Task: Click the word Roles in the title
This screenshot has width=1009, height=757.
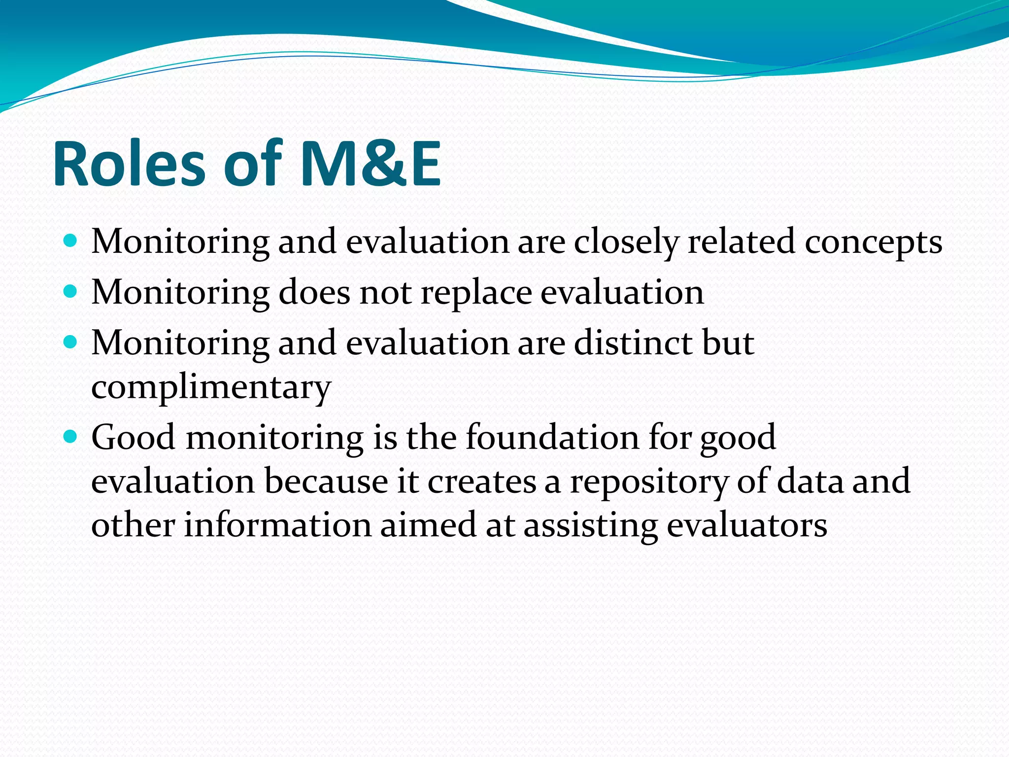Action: pyautogui.click(x=129, y=165)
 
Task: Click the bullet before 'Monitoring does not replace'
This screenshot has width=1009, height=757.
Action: pyautogui.click(x=71, y=292)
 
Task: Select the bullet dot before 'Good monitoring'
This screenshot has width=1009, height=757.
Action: pyautogui.click(x=71, y=436)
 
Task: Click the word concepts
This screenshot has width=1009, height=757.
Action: pyautogui.click(x=873, y=242)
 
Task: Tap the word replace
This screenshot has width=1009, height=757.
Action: pyautogui.click(x=476, y=294)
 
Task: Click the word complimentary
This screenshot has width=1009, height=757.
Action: pyautogui.click(x=211, y=387)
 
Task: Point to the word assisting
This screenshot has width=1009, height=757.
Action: pyautogui.click(x=590, y=526)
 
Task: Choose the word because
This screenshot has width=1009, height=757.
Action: pyautogui.click(x=326, y=481)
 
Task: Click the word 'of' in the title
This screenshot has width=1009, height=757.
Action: pyautogui.click(x=252, y=165)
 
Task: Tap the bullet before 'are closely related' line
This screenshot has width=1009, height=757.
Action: pyautogui.click(x=71, y=241)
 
